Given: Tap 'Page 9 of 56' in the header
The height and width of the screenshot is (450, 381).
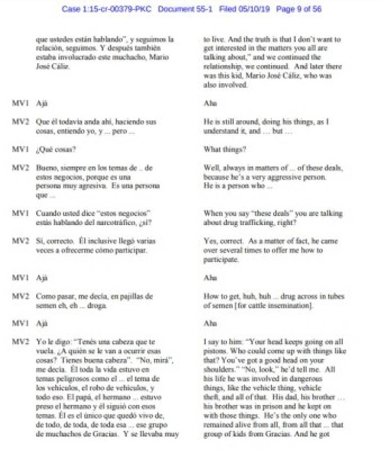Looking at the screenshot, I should point(299,9).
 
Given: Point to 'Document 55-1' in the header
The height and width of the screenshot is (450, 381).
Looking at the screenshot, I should point(185,9).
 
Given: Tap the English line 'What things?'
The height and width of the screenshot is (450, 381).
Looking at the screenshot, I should point(225,150).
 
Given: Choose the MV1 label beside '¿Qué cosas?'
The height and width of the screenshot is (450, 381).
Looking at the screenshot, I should point(19,150).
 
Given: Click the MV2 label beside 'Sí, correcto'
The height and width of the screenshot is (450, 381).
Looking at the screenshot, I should point(19,241).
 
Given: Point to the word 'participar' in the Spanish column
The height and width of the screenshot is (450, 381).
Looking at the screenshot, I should point(130,250).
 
